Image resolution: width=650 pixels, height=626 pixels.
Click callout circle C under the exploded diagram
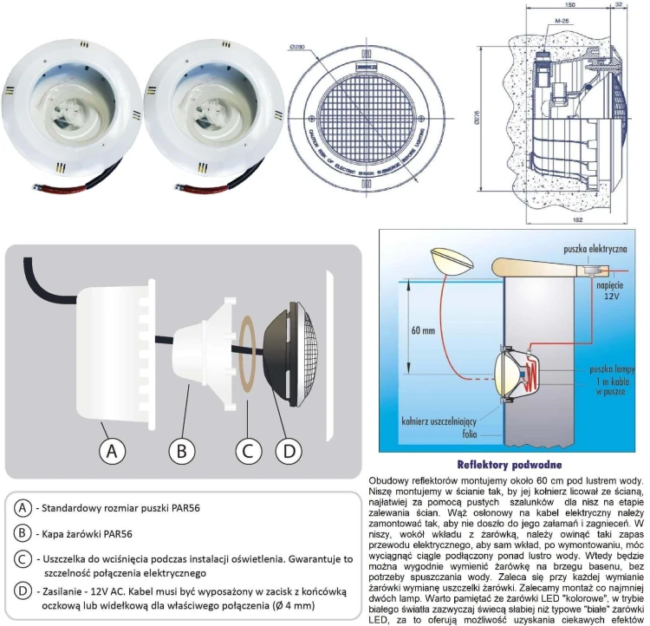(249, 451)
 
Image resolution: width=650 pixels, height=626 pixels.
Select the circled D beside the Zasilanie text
(23, 591)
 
